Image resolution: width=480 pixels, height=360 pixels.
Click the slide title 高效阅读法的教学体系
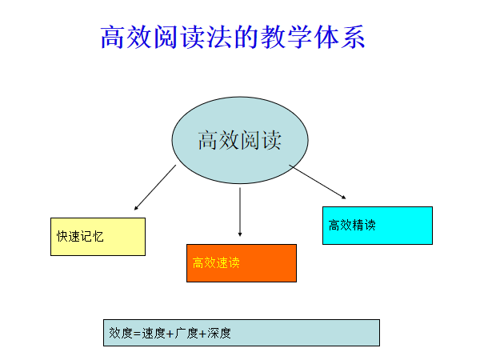(233, 37)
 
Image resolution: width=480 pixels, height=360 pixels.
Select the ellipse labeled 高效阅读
(240, 141)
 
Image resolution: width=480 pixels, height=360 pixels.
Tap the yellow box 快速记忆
(98, 237)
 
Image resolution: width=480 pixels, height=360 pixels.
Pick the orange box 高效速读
(242, 263)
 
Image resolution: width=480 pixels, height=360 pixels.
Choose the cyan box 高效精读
(378, 226)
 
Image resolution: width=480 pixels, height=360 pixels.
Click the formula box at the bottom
(242, 333)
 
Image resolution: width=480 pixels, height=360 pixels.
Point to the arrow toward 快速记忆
(155, 188)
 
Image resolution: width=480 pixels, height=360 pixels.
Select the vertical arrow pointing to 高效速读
(240, 212)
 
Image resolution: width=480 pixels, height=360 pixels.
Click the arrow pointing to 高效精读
(318, 182)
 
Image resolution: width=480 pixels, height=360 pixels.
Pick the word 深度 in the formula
(219, 333)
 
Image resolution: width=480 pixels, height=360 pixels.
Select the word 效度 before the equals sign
(121, 333)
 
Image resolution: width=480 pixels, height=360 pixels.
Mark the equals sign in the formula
(137, 334)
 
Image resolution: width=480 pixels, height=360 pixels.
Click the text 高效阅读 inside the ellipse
(240, 140)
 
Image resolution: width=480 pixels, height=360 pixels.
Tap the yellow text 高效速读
(216, 263)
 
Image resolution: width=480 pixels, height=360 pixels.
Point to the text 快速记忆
(80, 237)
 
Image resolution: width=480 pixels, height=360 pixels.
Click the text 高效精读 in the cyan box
(352, 226)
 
